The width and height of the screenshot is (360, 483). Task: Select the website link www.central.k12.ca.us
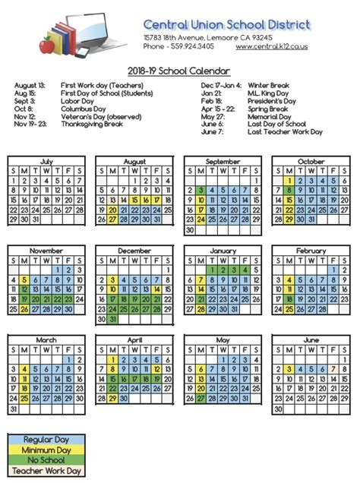pos(271,46)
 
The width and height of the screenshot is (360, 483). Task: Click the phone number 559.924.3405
pos(189,46)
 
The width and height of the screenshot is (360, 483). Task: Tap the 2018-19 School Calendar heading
pos(179,71)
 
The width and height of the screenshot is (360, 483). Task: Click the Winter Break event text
pos(270,86)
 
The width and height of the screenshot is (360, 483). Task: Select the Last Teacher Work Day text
pos(285,131)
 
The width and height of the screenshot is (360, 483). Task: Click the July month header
pos(46,161)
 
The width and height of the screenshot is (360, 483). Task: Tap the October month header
pos(311,161)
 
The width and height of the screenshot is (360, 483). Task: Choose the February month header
pos(311,250)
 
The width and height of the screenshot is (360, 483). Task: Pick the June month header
pos(311,339)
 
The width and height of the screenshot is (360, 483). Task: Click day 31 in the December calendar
pos(114,320)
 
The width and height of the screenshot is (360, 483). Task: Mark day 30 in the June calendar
pos(278,409)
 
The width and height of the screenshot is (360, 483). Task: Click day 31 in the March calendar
pos(13,409)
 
